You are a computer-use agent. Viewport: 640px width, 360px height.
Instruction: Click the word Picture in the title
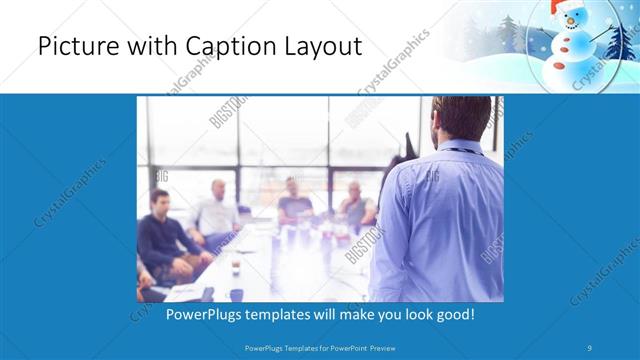(74, 47)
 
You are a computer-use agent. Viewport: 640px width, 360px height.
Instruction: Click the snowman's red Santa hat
(566, 9)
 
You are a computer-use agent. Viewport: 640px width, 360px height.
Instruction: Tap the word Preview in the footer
(390, 347)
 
